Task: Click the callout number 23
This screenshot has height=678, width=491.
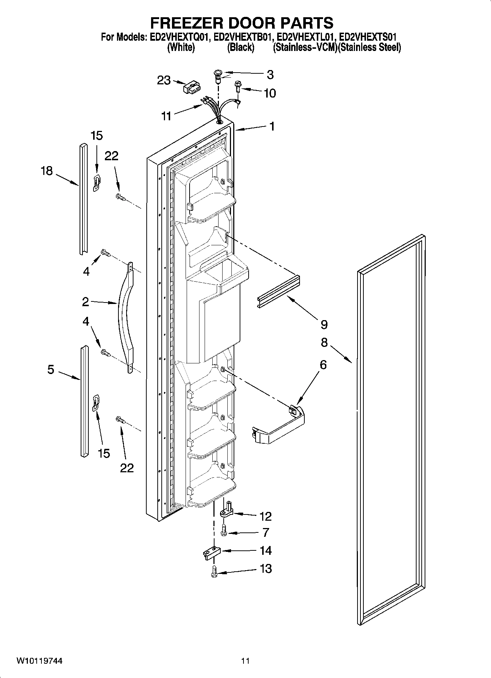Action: pyautogui.click(x=164, y=80)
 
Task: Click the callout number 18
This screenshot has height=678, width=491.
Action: pyautogui.click(x=47, y=171)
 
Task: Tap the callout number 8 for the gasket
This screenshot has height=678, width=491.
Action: pyautogui.click(x=324, y=342)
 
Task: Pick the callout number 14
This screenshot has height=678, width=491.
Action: pyautogui.click(x=265, y=550)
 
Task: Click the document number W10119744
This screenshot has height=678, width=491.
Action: pyautogui.click(x=39, y=661)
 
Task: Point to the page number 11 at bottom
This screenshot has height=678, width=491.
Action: pyautogui.click(x=245, y=661)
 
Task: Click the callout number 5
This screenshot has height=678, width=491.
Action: pyautogui.click(x=51, y=369)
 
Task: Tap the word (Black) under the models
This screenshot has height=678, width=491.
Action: pyautogui.click(x=241, y=47)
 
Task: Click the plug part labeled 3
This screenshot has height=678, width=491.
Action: pyautogui.click(x=218, y=75)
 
